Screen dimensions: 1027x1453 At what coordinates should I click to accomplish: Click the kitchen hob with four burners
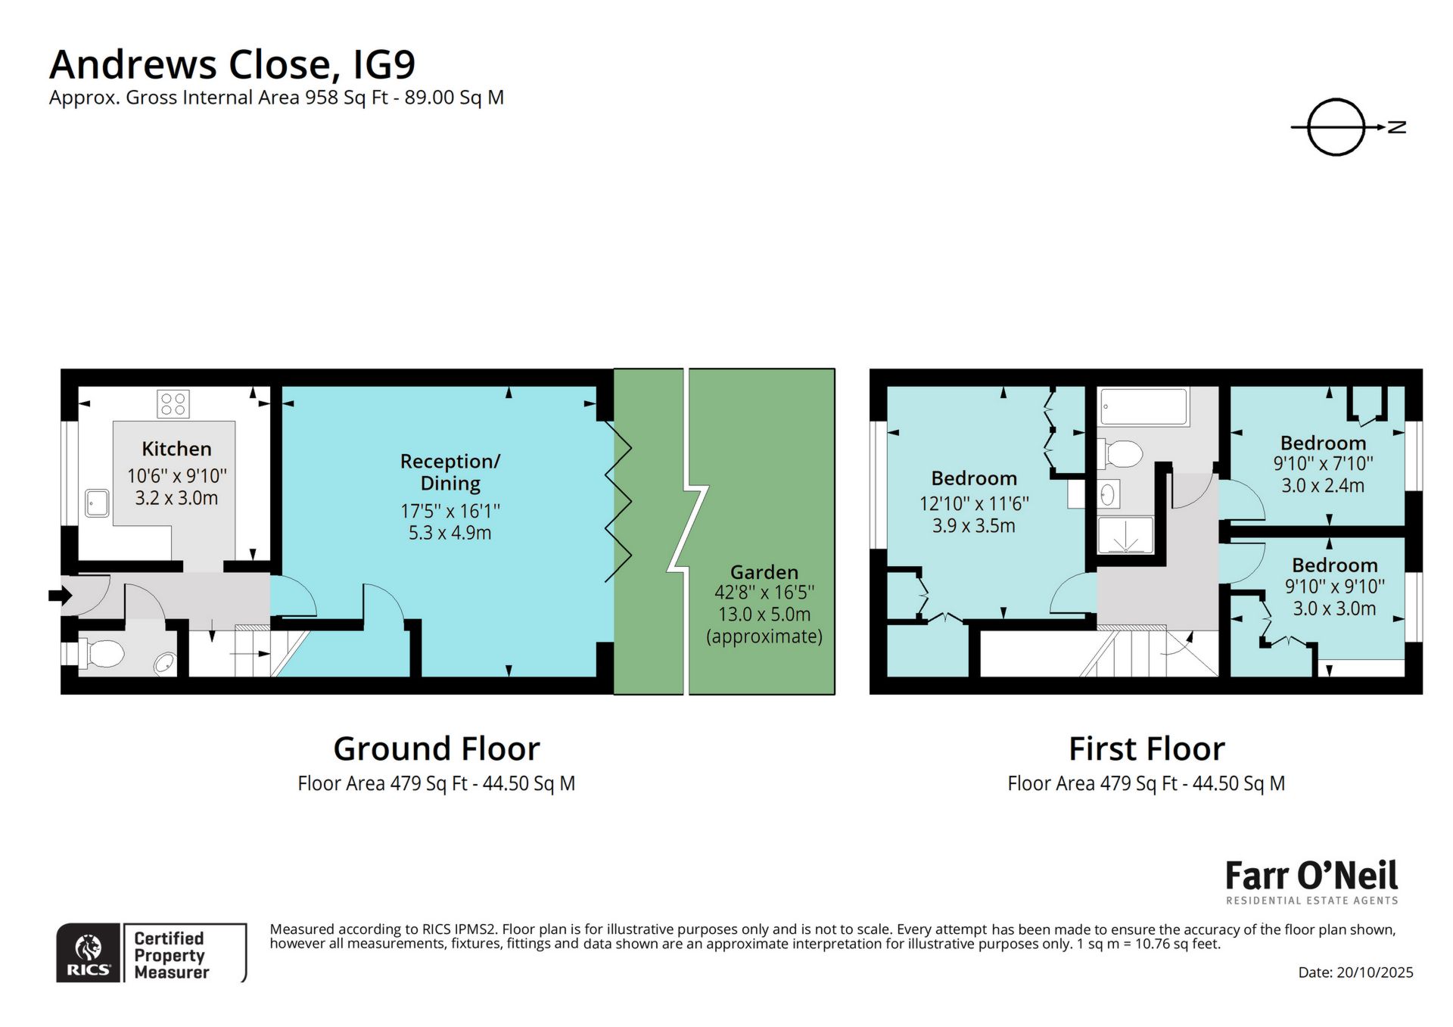tap(173, 403)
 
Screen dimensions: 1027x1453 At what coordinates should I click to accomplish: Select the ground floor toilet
tap(102, 654)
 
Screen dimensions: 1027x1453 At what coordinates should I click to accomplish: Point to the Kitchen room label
tap(176, 449)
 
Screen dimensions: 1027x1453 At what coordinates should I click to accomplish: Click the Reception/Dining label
tap(450, 472)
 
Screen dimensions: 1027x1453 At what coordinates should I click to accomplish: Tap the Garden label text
tap(764, 572)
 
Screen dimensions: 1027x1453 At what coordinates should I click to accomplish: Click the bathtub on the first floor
tap(1143, 406)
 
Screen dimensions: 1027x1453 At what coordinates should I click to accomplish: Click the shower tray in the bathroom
tap(1125, 536)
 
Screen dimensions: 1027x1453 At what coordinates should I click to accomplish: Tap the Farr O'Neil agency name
tap(1311, 876)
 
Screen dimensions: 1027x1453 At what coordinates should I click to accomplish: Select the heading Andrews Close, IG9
tap(232, 64)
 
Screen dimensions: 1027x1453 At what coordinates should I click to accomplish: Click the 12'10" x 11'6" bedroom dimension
tap(974, 503)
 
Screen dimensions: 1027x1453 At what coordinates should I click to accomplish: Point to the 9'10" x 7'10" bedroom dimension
tap(1323, 463)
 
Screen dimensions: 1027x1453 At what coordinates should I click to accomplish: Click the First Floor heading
tap(1146, 749)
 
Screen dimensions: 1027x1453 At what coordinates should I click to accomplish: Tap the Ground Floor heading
tap(436, 749)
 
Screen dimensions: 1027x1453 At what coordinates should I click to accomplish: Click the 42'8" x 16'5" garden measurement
tap(764, 593)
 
